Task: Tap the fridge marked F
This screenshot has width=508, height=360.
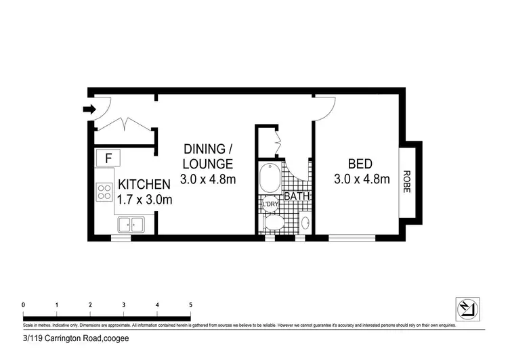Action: [x=108, y=158]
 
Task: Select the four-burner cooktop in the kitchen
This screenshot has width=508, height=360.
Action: [x=105, y=192]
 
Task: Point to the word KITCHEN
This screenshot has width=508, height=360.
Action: [x=144, y=184]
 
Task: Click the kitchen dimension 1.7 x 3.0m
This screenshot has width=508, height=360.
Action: [x=145, y=200]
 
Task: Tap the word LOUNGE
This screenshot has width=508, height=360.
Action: [x=208, y=164]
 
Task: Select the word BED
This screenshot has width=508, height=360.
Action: [x=362, y=164]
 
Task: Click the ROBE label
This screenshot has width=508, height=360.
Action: [x=407, y=181]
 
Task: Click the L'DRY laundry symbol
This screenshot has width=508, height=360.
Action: [x=268, y=204]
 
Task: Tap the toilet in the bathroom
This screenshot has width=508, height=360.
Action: [x=274, y=223]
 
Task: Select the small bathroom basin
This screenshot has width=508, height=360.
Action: [x=304, y=223]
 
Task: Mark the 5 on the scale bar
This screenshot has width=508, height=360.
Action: [x=190, y=305]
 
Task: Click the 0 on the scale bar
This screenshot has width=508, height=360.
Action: [x=24, y=305]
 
